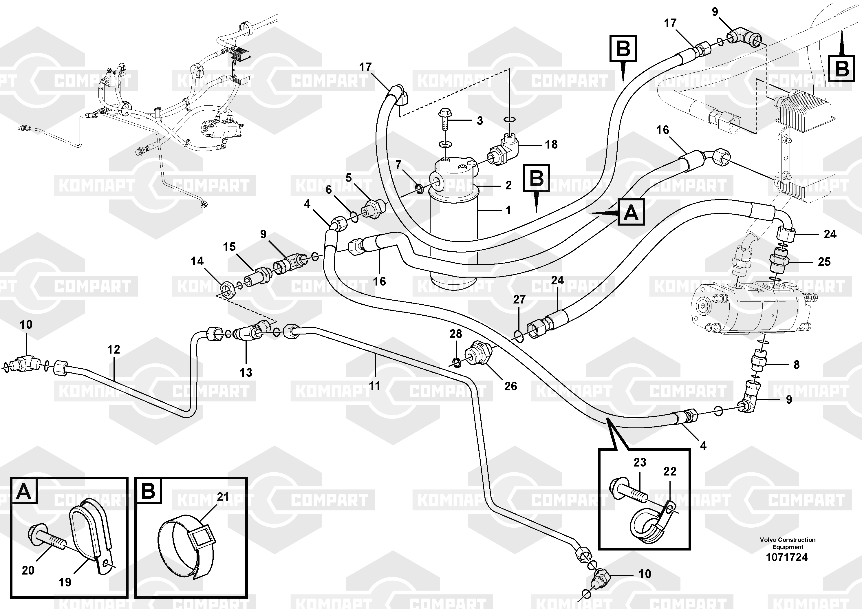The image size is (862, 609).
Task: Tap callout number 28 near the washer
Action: pyautogui.click(x=455, y=334)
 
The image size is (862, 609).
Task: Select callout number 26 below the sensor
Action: pyautogui.click(x=510, y=386)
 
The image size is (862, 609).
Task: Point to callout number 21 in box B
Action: pyautogui.click(x=223, y=497)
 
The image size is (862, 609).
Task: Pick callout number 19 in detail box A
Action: pyautogui.click(x=65, y=582)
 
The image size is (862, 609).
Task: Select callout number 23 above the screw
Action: pyautogui.click(x=640, y=462)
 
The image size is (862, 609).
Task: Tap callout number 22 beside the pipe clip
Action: pyautogui.click(x=670, y=471)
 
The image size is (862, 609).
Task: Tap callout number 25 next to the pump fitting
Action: pyautogui.click(x=824, y=262)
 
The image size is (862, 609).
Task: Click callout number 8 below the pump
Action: pyautogui.click(x=796, y=364)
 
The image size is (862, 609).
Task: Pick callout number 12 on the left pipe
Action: pyautogui.click(x=114, y=350)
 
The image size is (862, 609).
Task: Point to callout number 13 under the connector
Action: pyautogui.click(x=246, y=372)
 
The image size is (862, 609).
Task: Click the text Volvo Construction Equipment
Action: pyautogui.click(x=787, y=543)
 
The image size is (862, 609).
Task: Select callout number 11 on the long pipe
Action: pyautogui.click(x=375, y=386)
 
